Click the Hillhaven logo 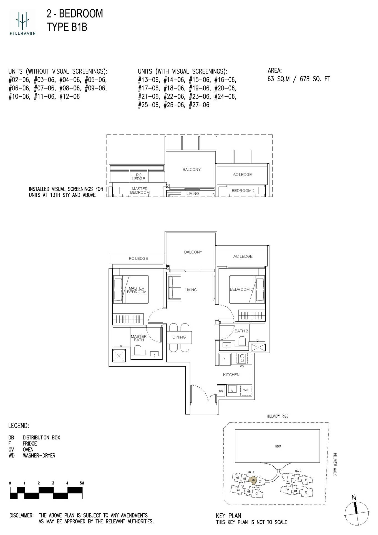coord(22,22)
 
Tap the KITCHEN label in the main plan coord(231,375)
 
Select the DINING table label coord(179,337)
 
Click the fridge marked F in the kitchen coord(225,359)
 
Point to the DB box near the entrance coord(221,391)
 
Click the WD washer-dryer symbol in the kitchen coord(246,390)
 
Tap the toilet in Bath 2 coord(242,341)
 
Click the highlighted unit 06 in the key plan coord(253,480)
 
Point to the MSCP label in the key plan coord(278,446)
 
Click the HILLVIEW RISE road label coord(277,416)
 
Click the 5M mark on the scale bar coord(82,483)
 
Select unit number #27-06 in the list coord(199,105)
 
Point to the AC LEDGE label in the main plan coord(243,256)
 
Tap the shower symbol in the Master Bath coord(119,356)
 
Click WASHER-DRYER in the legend coord(39,456)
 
